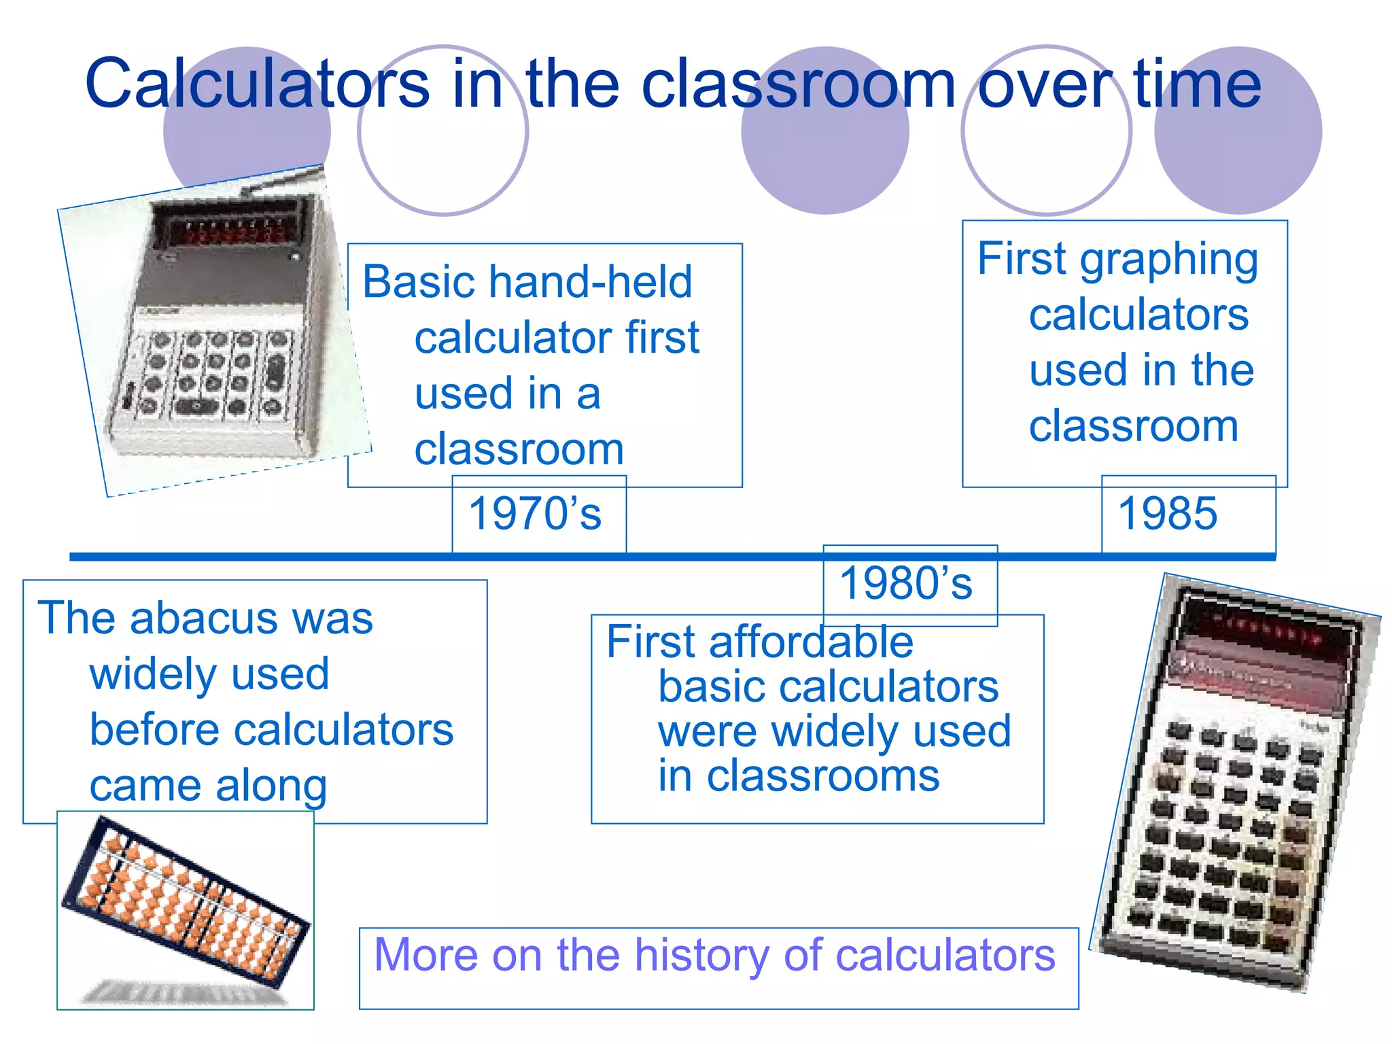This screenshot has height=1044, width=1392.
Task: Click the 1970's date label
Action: [x=535, y=513]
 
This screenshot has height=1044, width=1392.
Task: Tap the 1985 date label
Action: [x=1168, y=513]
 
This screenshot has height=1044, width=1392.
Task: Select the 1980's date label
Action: [x=906, y=583]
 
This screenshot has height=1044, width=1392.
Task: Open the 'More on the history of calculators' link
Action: [x=714, y=955]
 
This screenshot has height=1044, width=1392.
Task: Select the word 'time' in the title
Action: [x=1198, y=84]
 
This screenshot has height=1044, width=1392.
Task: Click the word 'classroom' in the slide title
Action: [x=799, y=84]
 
